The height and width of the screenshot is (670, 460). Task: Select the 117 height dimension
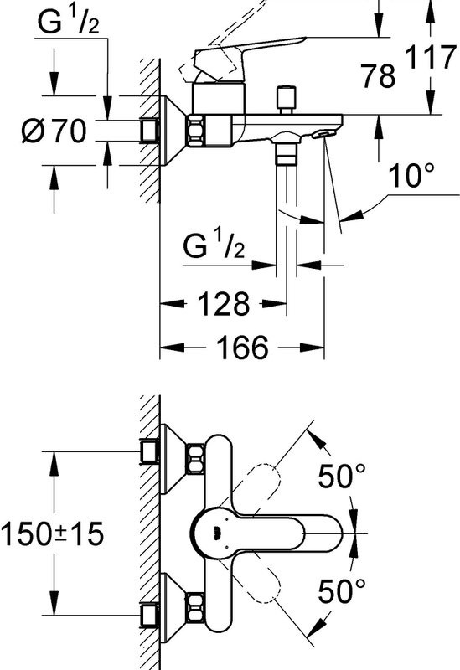click(431, 59)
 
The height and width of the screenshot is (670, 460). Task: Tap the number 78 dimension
click(379, 77)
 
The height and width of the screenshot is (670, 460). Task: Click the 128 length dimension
click(224, 303)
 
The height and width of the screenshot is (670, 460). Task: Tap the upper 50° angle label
click(341, 477)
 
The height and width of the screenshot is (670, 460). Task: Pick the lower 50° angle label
click(341, 592)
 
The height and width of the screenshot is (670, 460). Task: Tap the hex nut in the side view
click(199, 129)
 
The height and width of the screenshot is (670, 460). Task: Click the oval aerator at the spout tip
click(323, 132)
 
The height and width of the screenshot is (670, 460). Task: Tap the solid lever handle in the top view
click(268, 531)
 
